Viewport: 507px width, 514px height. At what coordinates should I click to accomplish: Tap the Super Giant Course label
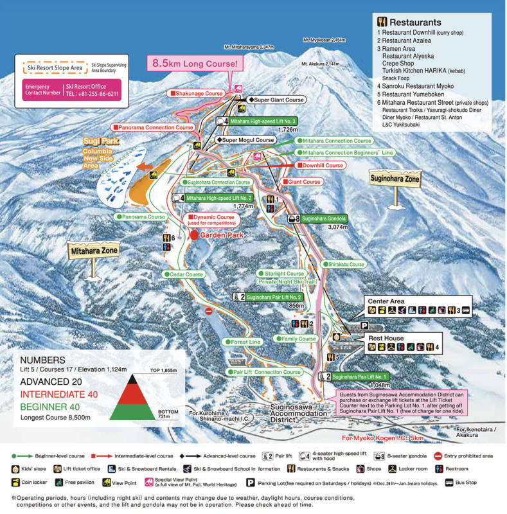click(276, 100)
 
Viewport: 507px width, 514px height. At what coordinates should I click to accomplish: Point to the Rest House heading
click(386, 337)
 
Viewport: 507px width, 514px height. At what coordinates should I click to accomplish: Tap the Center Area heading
click(386, 301)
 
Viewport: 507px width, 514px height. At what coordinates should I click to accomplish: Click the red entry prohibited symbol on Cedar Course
click(208, 311)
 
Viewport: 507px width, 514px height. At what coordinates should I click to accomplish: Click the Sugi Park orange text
click(98, 140)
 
